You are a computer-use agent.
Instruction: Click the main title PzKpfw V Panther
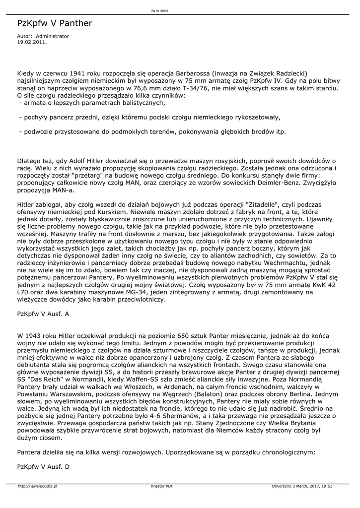(55, 23)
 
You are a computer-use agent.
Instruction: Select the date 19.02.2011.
(32, 42)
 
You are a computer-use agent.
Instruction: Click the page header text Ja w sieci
(160, 10)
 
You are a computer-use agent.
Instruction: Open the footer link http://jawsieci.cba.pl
(38, 486)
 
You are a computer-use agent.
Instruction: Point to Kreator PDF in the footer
(162, 486)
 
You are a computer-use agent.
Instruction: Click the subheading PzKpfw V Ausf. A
(43, 314)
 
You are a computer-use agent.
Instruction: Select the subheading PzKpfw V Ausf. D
(43, 467)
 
